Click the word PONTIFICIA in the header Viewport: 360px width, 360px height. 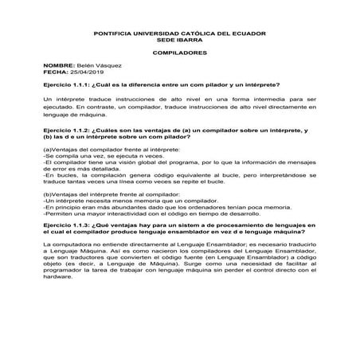116,33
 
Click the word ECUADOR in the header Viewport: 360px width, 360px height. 242,33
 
